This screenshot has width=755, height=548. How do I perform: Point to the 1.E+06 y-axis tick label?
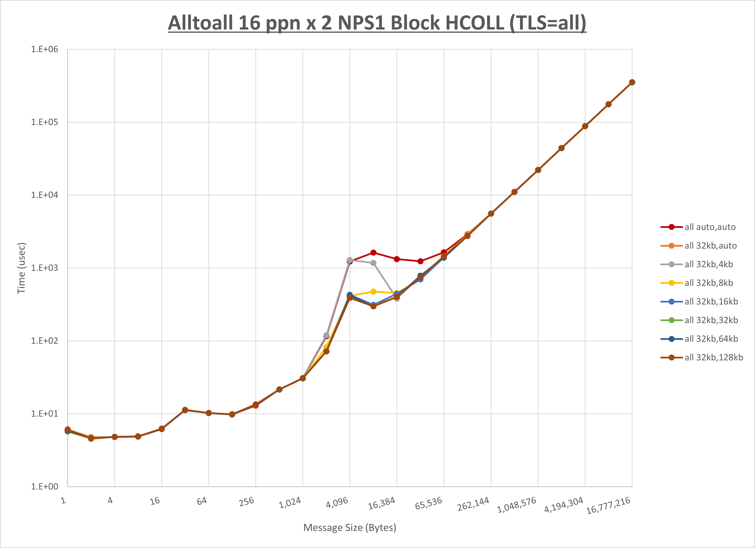[45, 49]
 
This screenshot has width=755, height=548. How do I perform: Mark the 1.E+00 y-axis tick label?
[45, 487]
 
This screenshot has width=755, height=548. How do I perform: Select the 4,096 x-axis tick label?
[337, 502]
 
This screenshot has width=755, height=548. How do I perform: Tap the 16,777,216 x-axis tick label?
[608, 505]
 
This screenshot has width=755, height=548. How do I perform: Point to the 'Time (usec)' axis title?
[21, 268]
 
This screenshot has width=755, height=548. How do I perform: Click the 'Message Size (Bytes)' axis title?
[350, 528]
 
